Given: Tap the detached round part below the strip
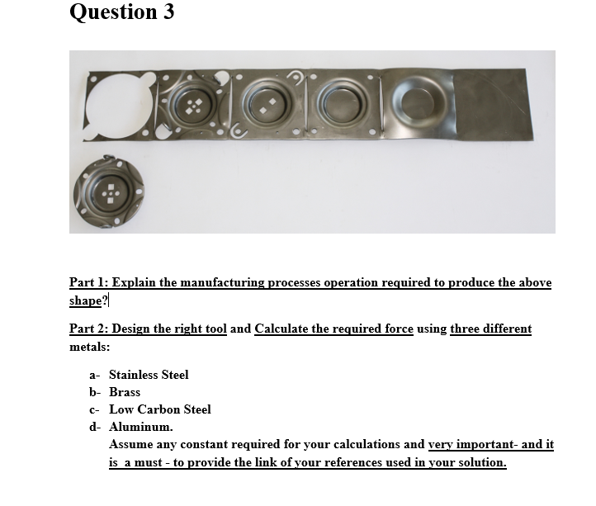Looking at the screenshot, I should click(x=109, y=187).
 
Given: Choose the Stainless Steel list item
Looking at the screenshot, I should click(x=149, y=375).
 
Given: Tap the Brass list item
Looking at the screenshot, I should click(x=125, y=392).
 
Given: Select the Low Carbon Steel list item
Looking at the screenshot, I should click(x=160, y=409).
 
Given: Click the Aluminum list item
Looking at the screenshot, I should click(x=141, y=427).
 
